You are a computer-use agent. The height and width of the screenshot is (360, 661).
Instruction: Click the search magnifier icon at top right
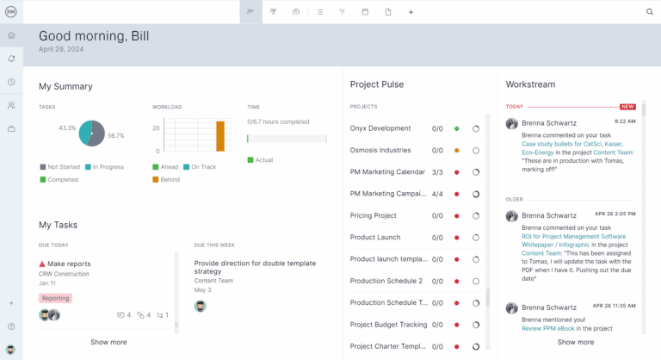(x=650, y=12)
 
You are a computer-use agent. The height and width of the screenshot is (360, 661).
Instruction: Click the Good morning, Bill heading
(x=94, y=35)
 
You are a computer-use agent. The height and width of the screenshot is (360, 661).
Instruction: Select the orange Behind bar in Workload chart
(x=219, y=136)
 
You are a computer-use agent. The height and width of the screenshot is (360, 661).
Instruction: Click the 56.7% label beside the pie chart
(x=116, y=135)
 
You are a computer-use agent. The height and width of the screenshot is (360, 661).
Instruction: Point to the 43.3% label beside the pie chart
(x=67, y=127)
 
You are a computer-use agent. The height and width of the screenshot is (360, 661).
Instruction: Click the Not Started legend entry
(x=62, y=167)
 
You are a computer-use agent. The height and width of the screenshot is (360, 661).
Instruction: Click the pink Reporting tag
(x=55, y=298)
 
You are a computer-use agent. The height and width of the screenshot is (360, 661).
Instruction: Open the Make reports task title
(x=69, y=264)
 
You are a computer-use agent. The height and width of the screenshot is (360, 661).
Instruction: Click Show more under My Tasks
(x=108, y=342)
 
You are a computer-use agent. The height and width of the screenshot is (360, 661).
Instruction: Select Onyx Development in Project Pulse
(x=380, y=128)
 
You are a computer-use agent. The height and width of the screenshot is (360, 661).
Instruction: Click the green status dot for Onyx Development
(x=456, y=128)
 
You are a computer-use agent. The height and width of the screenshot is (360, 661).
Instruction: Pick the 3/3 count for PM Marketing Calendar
(x=437, y=172)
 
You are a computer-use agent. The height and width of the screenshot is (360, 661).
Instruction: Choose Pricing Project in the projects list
(x=374, y=215)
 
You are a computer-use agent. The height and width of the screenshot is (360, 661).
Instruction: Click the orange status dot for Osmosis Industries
(x=456, y=151)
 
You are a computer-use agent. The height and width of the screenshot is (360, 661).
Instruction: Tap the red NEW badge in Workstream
(x=627, y=107)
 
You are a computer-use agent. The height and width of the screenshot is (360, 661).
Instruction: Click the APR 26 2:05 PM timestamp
(x=615, y=214)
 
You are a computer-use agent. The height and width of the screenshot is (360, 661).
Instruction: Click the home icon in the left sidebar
(x=11, y=35)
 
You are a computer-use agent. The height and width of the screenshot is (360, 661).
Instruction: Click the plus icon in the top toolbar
(x=411, y=12)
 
